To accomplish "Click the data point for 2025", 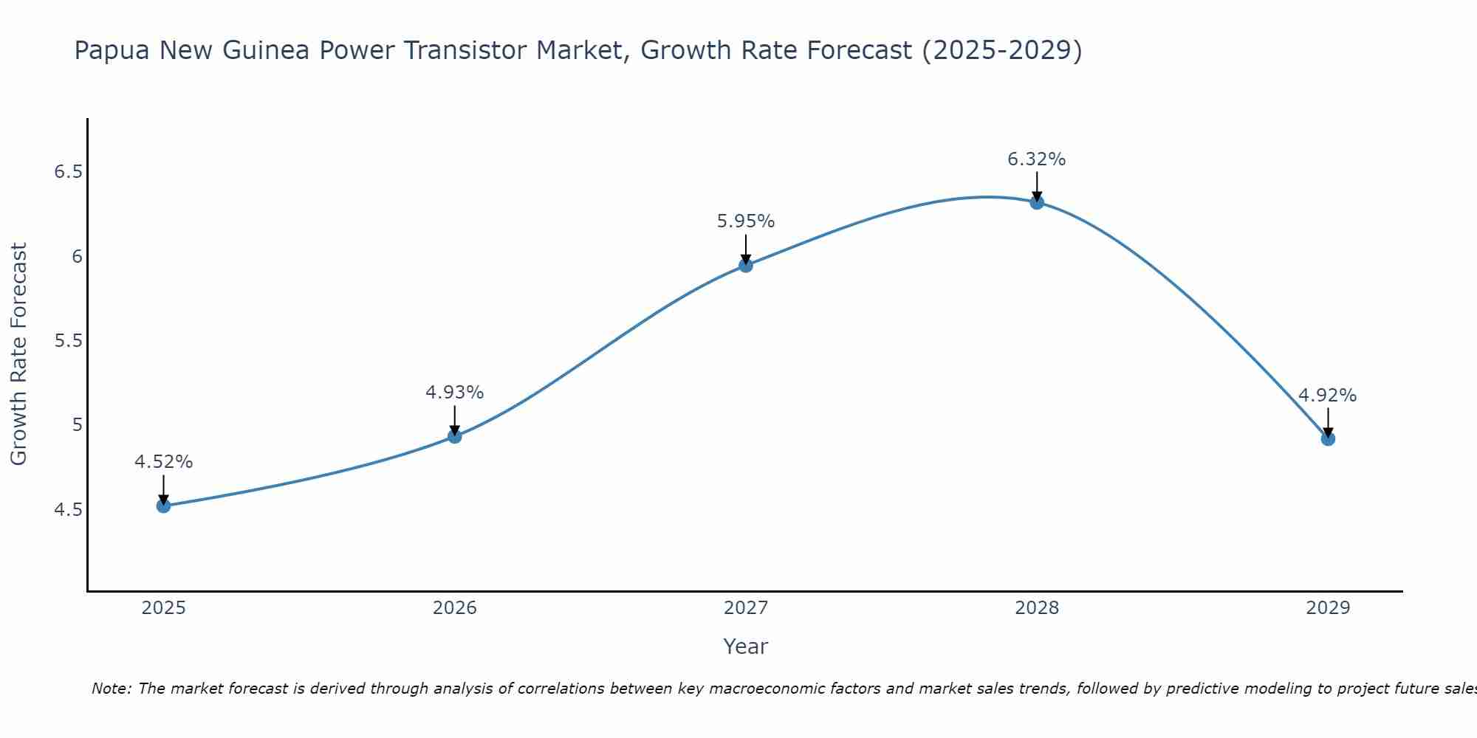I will (x=164, y=506).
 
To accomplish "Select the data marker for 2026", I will (x=455, y=436).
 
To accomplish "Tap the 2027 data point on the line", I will (x=746, y=265).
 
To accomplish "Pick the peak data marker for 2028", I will (x=1037, y=202).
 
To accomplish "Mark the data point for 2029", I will (x=1328, y=438).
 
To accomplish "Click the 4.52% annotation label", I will (x=164, y=462).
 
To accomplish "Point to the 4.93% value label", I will (x=455, y=393).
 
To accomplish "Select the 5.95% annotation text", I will (x=746, y=221).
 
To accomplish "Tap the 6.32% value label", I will (x=1037, y=159).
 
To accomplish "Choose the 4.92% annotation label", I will (x=1328, y=396).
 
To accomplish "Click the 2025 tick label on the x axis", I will (x=164, y=608).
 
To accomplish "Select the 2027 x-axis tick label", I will (x=746, y=608).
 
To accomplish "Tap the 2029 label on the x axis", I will (x=1328, y=608).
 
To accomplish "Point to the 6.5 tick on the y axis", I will (x=68, y=172).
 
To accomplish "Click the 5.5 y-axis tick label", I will (x=68, y=341).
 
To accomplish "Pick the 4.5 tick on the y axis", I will (x=68, y=510).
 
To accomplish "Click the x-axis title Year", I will (x=746, y=646).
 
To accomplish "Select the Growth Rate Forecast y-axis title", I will (x=18, y=354).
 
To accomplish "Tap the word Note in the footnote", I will (x=111, y=689).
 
